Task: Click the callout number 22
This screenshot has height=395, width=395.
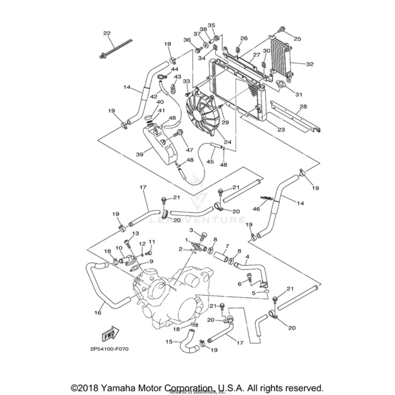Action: pos(107,33)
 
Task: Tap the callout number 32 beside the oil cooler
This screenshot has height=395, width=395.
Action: pos(310,64)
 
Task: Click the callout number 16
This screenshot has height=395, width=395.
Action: pos(98,312)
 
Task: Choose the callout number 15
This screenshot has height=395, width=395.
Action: pos(169,341)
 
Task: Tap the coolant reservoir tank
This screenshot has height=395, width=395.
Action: pos(159,146)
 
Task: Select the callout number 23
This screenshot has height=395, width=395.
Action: pos(281,130)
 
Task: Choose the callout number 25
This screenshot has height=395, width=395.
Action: pos(297,39)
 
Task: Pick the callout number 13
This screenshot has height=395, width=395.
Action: pos(135,233)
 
